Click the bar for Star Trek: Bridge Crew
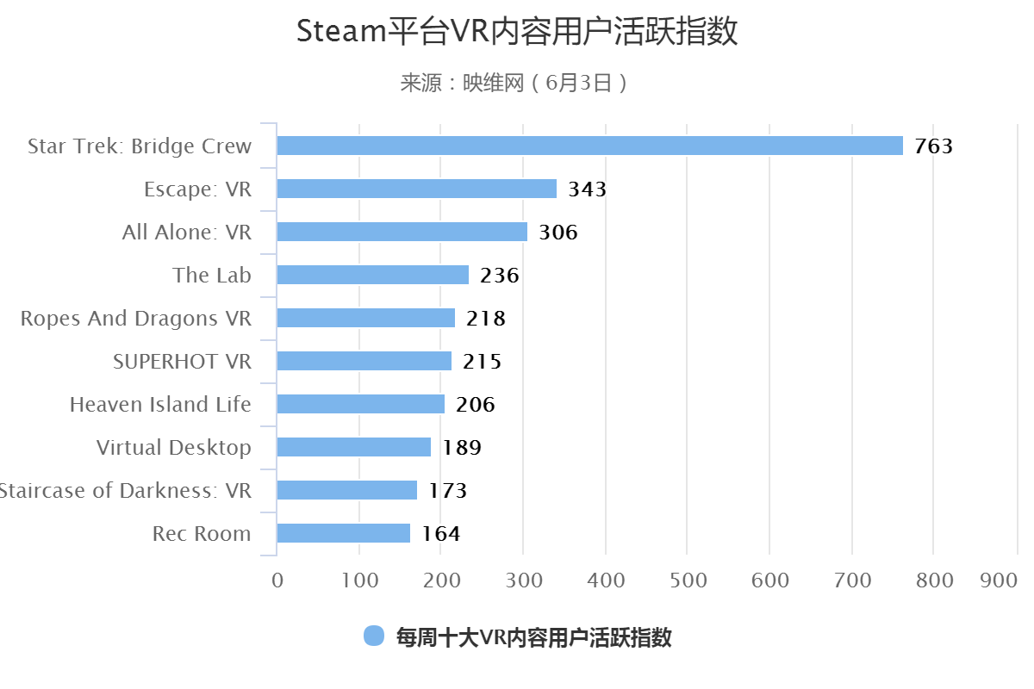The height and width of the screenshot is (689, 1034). coord(589,146)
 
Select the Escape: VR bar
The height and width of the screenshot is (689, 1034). coord(416,189)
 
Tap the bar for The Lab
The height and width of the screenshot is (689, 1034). coord(372,275)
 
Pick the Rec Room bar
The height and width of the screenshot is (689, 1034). coord(343,533)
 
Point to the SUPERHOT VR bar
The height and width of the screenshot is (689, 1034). coord(364,361)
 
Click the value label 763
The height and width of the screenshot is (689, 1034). coord(933,146)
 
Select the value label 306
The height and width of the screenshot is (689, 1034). coord(557,233)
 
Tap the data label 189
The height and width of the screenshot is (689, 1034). coord(461,448)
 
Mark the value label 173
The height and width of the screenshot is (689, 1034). coord(447,491)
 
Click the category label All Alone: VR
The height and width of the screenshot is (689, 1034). coord(187,233)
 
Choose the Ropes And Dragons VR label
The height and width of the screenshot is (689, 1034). coord(136,319)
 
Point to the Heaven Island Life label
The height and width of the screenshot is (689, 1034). coord(160,405)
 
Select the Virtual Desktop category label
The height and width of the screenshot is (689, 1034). coord(174,448)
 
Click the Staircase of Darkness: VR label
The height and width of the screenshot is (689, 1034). coord(125,491)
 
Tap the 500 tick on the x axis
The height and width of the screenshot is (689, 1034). coord(688,580)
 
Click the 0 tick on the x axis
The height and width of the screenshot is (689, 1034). coord(277,580)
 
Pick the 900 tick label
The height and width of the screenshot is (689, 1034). coord(1000,580)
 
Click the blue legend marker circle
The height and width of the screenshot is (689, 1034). coord(373,636)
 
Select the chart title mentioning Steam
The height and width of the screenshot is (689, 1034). coord(517,32)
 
